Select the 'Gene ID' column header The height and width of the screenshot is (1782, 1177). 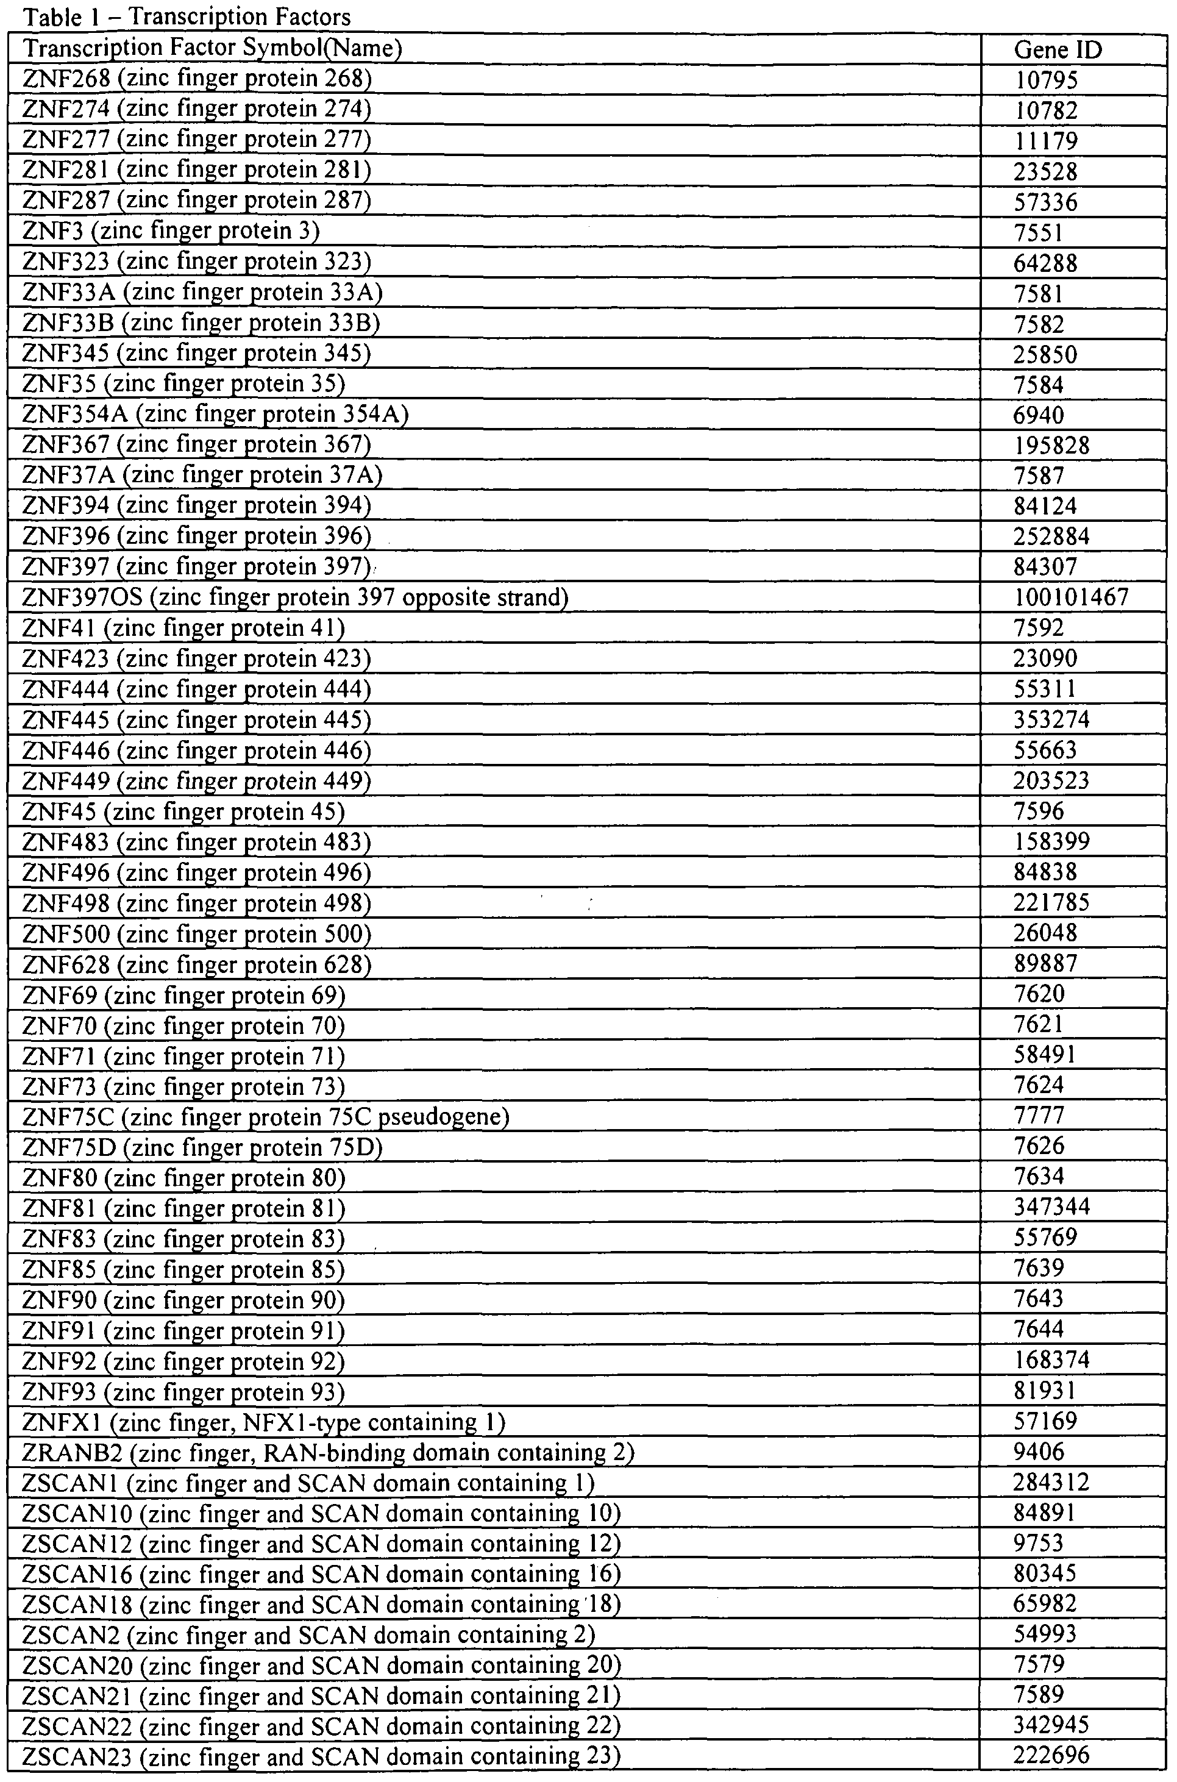[1057, 49]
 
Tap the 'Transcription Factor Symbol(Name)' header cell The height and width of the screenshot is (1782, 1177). [213, 48]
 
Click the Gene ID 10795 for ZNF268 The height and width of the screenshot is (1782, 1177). [1045, 80]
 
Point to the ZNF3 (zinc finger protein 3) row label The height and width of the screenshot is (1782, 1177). [171, 230]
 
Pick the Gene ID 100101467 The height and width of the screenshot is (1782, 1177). [1071, 597]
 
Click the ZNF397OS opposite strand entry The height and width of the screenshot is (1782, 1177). [295, 597]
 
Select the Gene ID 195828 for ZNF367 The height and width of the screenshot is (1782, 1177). [1051, 444]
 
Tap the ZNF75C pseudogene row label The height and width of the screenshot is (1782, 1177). [266, 1117]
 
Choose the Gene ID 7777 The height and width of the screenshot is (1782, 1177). [1039, 1116]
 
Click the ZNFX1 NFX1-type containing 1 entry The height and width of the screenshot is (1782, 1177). [263, 1422]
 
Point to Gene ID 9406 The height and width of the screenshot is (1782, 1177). [1039, 1452]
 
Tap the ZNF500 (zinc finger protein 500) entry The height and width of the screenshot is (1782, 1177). [197, 934]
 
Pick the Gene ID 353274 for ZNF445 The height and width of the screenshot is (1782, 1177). [1051, 719]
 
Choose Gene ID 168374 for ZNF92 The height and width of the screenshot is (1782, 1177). [1051, 1360]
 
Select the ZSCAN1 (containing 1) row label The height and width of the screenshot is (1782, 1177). [308, 1483]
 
